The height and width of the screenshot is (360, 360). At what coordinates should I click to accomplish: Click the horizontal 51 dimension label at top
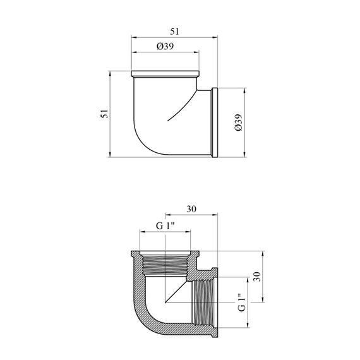click(174, 32)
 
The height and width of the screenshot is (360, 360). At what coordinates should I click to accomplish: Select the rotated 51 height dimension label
click(104, 114)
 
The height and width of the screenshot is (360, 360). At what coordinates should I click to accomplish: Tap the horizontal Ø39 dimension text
click(165, 46)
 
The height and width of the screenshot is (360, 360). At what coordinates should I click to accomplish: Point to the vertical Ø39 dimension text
click(239, 123)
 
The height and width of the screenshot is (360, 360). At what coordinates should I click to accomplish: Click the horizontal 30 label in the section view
click(191, 209)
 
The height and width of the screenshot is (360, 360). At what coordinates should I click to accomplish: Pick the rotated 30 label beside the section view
click(257, 277)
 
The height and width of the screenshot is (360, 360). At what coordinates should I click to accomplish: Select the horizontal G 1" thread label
click(165, 226)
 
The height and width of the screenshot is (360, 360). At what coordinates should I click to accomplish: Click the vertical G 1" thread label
click(242, 302)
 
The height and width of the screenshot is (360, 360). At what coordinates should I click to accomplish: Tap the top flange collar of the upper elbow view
click(165, 74)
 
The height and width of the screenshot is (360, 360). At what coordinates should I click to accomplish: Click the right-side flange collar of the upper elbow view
click(215, 123)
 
